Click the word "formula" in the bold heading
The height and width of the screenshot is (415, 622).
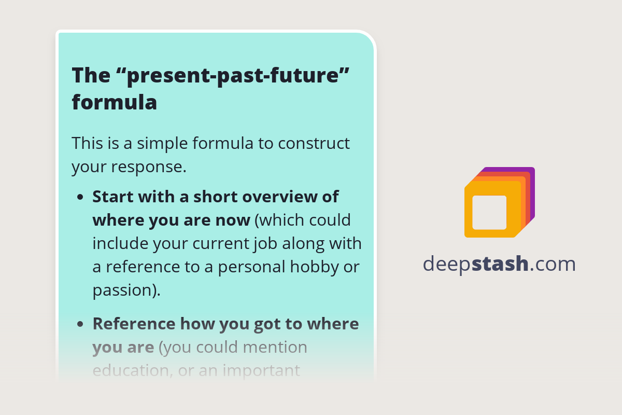point(114,102)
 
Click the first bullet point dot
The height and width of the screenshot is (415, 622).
point(80,198)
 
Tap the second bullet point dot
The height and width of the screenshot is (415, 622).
point(80,324)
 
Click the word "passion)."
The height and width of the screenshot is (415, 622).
point(126,290)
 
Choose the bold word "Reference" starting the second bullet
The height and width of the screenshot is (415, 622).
point(134,324)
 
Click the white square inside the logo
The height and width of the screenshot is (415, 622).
point(489,212)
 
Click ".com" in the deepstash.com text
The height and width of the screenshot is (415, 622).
point(553,264)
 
